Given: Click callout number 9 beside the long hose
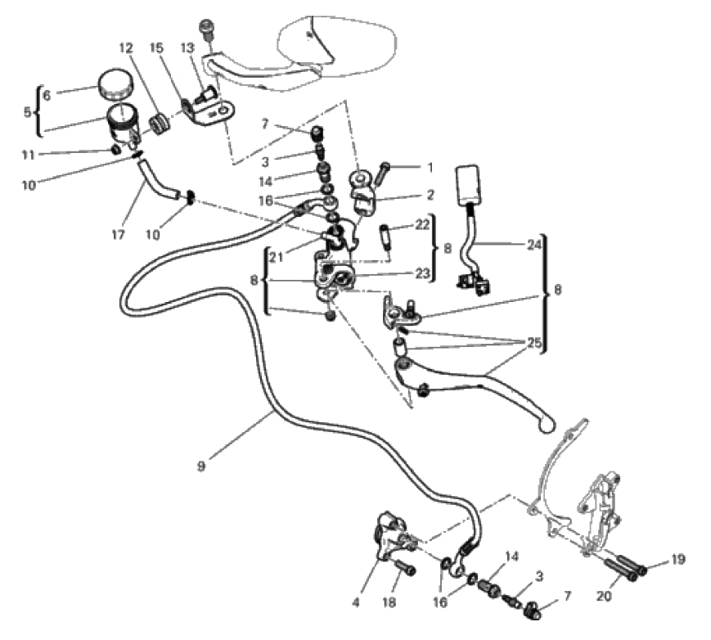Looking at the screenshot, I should tap(200, 466).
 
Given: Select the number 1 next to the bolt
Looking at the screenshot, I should tap(428, 167).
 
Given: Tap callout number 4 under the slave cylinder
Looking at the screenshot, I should tap(356, 603).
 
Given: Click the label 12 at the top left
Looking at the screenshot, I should tap(125, 48).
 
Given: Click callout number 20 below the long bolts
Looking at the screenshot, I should tap(605, 597).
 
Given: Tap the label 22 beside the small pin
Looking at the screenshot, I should tap(422, 224).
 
